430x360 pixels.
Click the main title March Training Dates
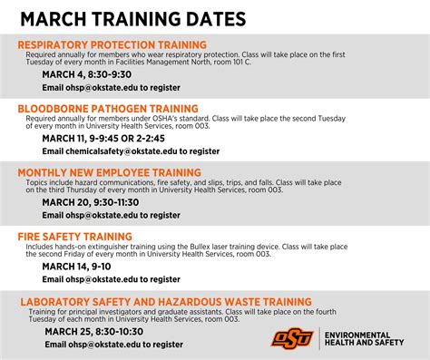click(x=132, y=18)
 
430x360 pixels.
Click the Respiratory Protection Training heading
click(x=112, y=44)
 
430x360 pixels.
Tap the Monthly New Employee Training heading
click(x=109, y=172)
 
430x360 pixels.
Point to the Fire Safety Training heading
click(x=75, y=236)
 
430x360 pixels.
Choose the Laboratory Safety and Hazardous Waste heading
click(x=166, y=301)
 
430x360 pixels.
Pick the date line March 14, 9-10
click(x=77, y=267)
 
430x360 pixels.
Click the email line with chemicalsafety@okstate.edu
click(x=131, y=151)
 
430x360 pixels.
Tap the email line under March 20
click(x=111, y=216)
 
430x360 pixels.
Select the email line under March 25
click(x=113, y=345)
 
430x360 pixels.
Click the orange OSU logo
click(x=291, y=336)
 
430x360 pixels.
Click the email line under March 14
click(x=111, y=280)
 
